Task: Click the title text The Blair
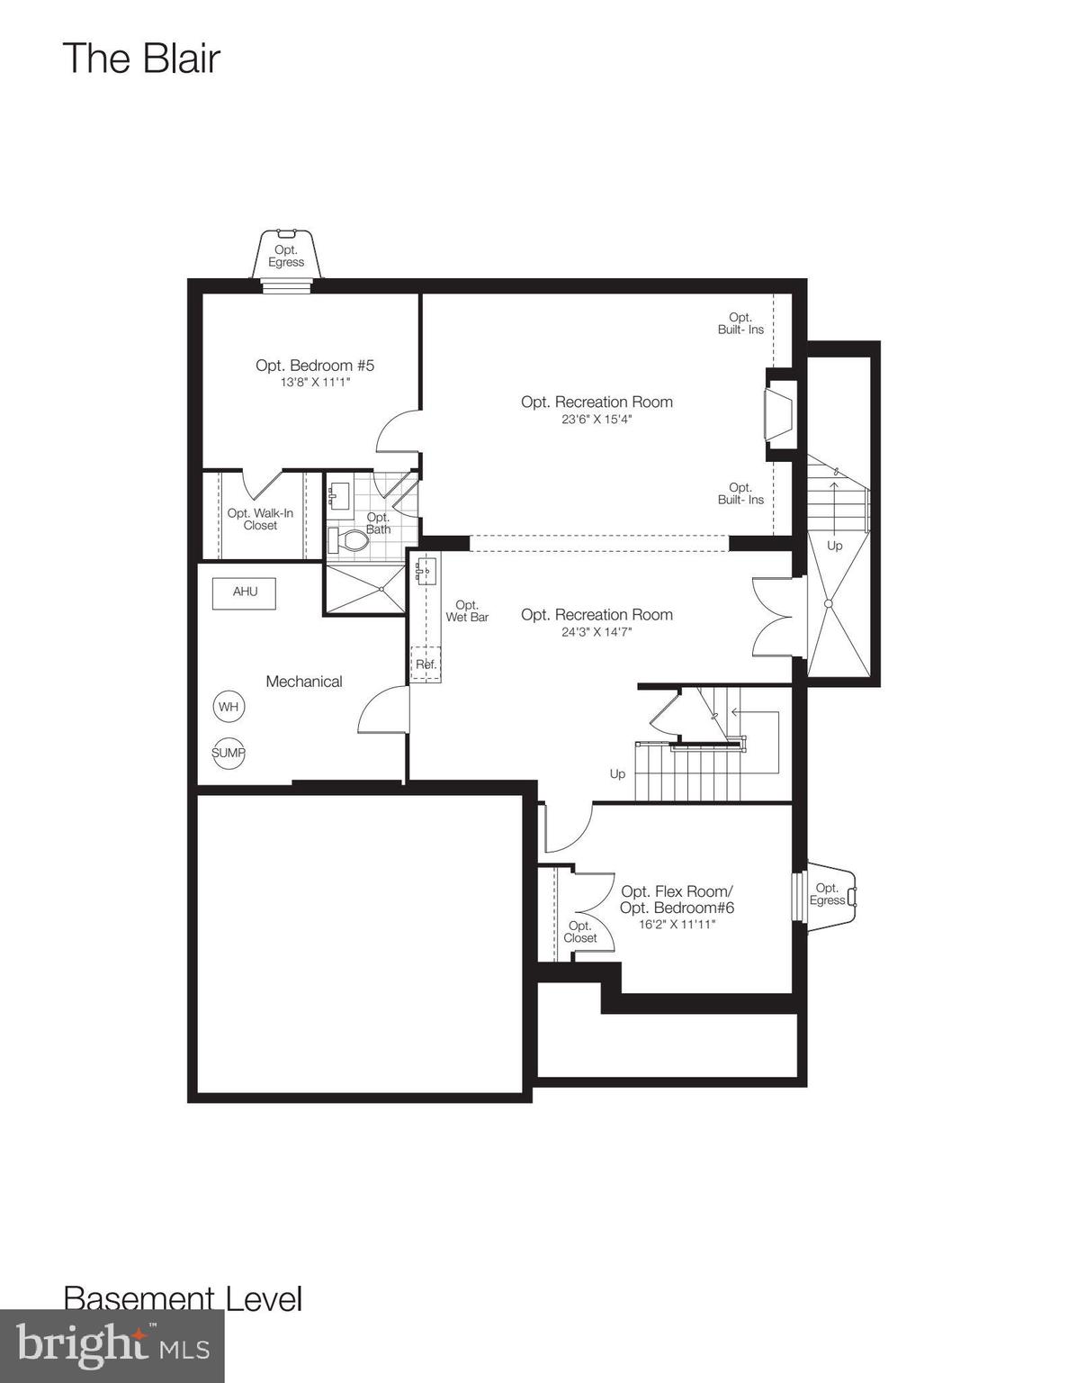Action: pyautogui.click(x=141, y=59)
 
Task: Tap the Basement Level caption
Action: pyautogui.click(x=183, y=1298)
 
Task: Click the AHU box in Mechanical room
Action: pyautogui.click(x=244, y=592)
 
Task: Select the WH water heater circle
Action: pyautogui.click(x=229, y=707)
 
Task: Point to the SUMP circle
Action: pyautogui.click(x=229, y=753)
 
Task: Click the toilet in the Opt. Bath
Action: pyautogui.click(x=350, y=541)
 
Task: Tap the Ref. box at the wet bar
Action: pyautogui.click(x=426, y=664)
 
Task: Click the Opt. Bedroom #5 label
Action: pyautogui.click(x=314, y=366)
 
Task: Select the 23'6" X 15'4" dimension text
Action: pyautogui.click(x=597, y=419)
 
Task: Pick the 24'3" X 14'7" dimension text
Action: pyautogui.click(x=597, y=631)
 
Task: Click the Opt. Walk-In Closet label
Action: pyautogui.click(x=260, y=520)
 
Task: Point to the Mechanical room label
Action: pyautogui.click(x=304, y=682)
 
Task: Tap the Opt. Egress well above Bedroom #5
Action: pyautogui.click(x=286, y=256)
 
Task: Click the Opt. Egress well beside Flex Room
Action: pyautogui.click(x=828, y=893)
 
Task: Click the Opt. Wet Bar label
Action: pyautogui.click(x=467, y=611)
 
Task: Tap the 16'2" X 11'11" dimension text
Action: pyautogui.click(x=677, y=924)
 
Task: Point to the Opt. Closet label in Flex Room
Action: pyautogui.click(x=580, y=932)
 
